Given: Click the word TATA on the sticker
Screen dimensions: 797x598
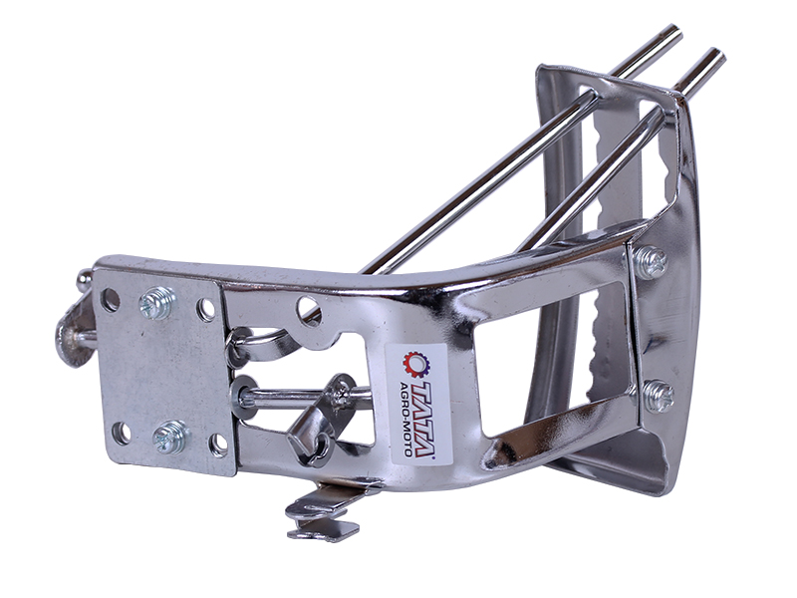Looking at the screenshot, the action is pos(422,418).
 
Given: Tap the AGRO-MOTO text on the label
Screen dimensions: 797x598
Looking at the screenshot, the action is pos(405,418).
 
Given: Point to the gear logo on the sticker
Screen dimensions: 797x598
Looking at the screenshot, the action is pos(414,364).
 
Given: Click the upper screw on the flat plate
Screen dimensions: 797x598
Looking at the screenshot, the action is pos(157,303).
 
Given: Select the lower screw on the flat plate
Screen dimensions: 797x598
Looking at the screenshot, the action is pos(170,437).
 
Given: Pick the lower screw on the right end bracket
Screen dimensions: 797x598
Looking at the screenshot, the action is pos(658,395).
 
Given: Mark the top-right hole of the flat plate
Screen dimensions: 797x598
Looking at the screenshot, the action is pos(206,309).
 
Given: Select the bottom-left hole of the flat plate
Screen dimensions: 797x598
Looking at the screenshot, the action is pos(122,433).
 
